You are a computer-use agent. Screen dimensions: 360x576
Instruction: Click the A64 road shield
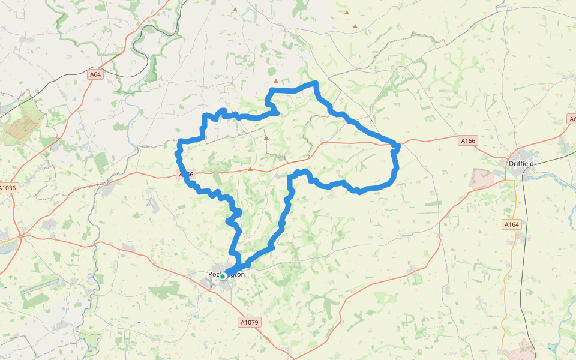click(95, 74)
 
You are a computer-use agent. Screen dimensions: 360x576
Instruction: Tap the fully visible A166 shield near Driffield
click(468, 140)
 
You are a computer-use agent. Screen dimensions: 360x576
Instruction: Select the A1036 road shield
click(8, 188)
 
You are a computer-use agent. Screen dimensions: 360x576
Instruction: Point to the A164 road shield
click(511, 224)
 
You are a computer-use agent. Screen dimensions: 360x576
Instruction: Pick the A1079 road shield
click(249, 322)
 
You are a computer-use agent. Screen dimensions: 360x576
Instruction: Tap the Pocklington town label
click(227, 274)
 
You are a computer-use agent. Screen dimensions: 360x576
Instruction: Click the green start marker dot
click(223, 277)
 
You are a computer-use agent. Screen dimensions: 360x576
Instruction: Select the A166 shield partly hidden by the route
click(187, 174)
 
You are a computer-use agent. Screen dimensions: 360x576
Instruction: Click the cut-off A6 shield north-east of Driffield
click(572, 119)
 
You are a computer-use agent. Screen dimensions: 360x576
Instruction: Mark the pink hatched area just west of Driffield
click(482, 179)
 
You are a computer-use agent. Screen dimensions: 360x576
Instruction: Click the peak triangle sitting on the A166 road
click(250, 169)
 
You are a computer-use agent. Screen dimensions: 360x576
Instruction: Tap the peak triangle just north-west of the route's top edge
click(276, 81)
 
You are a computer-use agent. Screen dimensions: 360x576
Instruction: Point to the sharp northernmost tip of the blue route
click(315, 83)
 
